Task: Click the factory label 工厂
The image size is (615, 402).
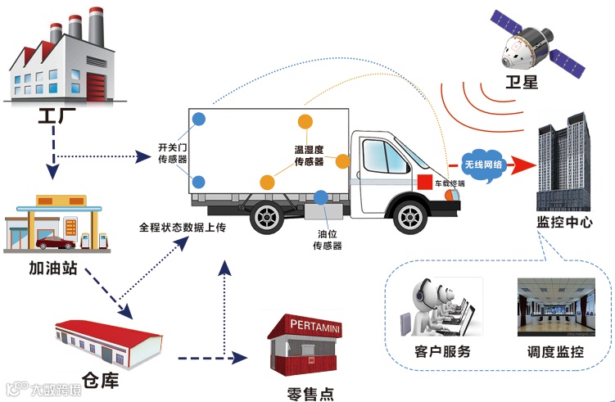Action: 53,115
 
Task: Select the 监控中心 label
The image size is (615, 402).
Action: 563,224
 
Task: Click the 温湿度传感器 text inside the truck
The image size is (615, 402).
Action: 310,156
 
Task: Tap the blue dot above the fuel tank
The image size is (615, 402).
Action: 321,196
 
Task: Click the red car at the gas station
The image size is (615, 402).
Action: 48,243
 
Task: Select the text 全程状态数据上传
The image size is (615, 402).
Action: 182,228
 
